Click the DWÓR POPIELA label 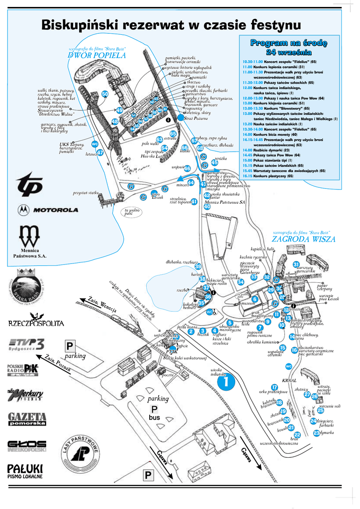click(97, 56)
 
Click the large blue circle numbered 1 click(225, 382)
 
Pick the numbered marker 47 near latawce click(100, 153)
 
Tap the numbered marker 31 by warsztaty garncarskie click(296, 264)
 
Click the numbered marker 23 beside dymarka click(317, 433)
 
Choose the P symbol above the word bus click(154, 409)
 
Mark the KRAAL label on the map click(288, 380)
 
